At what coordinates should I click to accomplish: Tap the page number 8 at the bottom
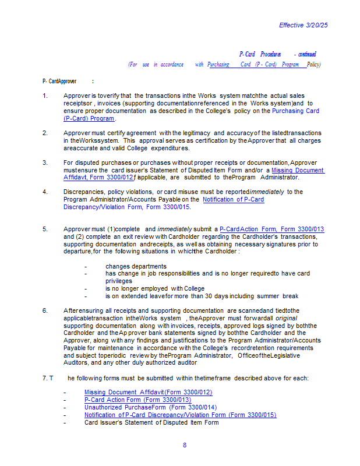coord(185,445)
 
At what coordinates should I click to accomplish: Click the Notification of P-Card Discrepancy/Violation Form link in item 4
coord(233,199)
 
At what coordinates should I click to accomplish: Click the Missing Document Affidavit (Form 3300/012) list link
coord(148,393)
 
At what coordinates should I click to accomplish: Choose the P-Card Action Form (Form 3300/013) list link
coord(137,400)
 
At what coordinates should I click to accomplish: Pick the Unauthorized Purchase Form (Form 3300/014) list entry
coord(150,408)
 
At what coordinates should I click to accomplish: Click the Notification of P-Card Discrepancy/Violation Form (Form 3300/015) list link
coord(180,415)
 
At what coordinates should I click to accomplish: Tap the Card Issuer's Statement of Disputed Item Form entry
coord(151,422)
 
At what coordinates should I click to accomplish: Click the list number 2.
coord(45,133)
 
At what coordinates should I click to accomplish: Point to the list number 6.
coord(45,310)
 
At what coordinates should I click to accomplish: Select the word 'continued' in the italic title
coord(308,54)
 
